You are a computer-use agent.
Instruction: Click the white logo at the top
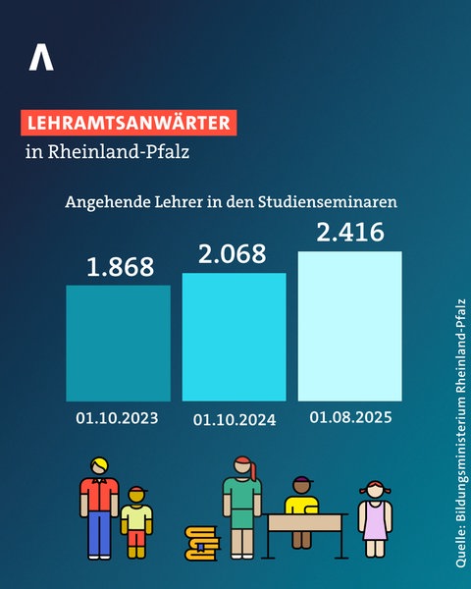coord(41,56)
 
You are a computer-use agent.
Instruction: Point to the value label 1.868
coord(118,266)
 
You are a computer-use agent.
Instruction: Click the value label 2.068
coord(234,254)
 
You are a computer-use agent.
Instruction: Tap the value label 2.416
coord(349,234)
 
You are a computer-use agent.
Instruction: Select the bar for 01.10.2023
coord(118,343)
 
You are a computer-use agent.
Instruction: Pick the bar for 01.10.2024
coord(234,337)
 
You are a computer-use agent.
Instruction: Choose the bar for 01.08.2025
coord(349,326)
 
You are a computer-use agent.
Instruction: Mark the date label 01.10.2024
coord(235,419)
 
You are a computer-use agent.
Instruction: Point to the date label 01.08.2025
coord(350,417)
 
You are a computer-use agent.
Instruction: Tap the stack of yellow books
coord(202,541)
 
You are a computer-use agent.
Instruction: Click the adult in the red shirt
coord(98,506)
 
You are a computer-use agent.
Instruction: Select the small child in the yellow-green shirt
coord(136,525)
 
